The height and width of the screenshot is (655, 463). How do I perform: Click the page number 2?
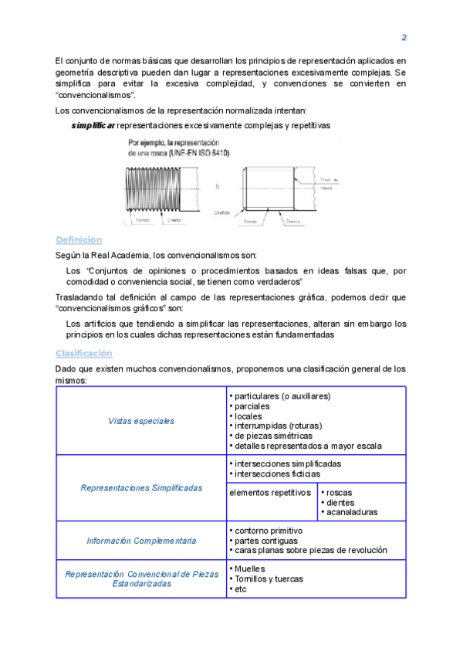pyautogui.click(x=404, y=38)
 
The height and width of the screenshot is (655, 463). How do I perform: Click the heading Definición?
pyautogui.click(x=79, y=239)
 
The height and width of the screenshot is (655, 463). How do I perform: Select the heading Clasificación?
pyautogui.click(x=84, y=353)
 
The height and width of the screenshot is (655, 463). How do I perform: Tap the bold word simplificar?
pyautogui.click(x=93, y=124)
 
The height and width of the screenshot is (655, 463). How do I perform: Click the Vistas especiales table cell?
pyautogui.click(x=141, y=421)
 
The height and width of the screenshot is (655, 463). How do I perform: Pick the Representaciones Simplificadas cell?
pyautogui.click(x=141, y=488)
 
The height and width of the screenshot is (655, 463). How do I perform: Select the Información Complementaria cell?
pyautogui.click(x=141, y=541)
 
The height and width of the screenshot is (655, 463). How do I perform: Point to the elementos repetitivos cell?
pyautogui.click(x=271, y=492)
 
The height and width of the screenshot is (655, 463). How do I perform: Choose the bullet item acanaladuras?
pyautogui.click(x=352, y=512)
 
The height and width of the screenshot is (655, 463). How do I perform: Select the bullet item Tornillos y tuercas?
pyautogui.click(x=269, y=579)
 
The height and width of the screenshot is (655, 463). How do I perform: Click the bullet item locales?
pyautogui.click(x=248, y=416)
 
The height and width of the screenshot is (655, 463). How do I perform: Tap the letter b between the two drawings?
pyautogui.click(x=218, y=185)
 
